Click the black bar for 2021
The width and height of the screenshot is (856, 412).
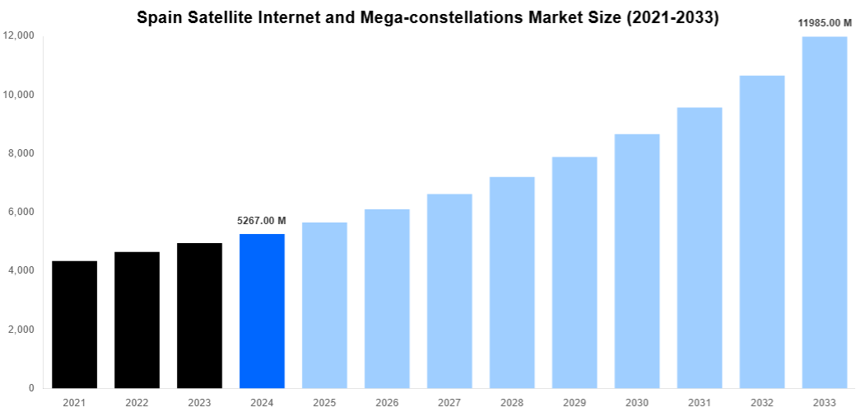pyautogui.click(x=74, y=325)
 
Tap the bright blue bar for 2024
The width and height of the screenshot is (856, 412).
pyautogui.click(x=262, y=311)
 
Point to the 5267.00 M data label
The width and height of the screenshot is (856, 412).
pyautogui.click(x=262, y=221)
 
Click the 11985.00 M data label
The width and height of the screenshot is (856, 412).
pyautogui.click(x=825, y=23)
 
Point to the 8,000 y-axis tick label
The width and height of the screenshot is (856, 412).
pyautogui.click(x=21, y=153)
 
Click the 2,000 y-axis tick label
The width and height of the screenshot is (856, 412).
pyautogui.click(x=21, y=330)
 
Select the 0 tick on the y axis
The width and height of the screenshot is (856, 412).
pyautogui.click(x=31, y=388)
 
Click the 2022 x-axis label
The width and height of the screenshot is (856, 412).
pyautogui.click(x=137, y=403)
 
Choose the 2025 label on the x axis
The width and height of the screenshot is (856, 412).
pyautogui.click(x=324, y=403)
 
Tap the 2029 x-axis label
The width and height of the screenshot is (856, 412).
pyautogui.click(x=575, y=403)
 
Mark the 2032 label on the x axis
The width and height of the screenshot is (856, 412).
pyautogui.click(x=762, y=403)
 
